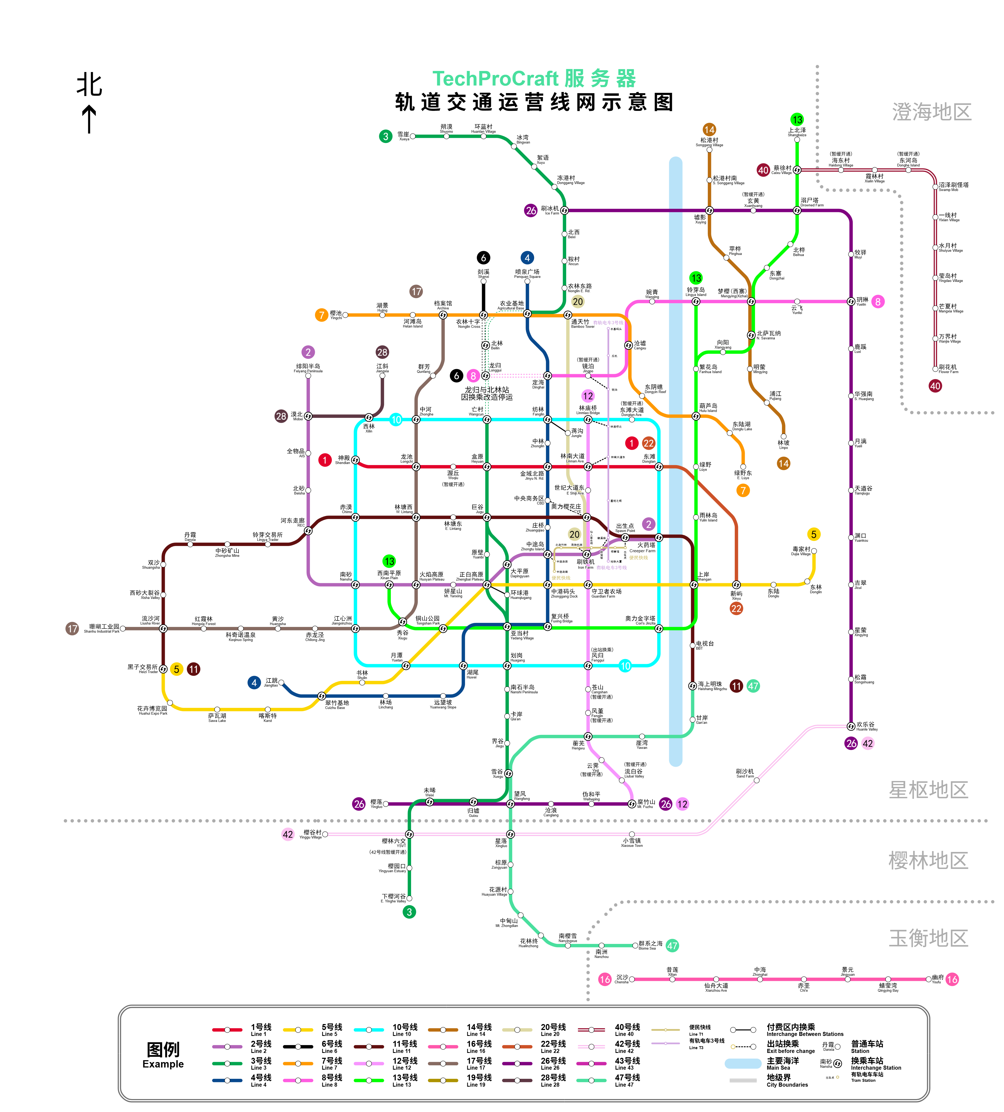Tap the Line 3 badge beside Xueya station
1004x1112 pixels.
385,136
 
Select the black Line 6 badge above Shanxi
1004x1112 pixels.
483,258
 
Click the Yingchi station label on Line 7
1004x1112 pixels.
336,315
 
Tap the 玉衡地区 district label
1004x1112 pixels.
928,938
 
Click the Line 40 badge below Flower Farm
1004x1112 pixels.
935,386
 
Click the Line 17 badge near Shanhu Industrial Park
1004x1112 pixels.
72,628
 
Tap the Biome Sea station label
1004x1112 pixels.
650,945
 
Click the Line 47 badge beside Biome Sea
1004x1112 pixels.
672,946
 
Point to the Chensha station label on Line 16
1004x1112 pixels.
622,979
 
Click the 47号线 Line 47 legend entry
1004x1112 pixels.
627,1080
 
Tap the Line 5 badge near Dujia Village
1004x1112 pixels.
813,534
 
